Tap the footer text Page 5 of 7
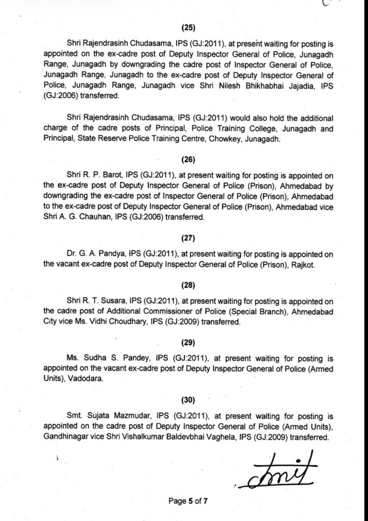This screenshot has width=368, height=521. (188, 501)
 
